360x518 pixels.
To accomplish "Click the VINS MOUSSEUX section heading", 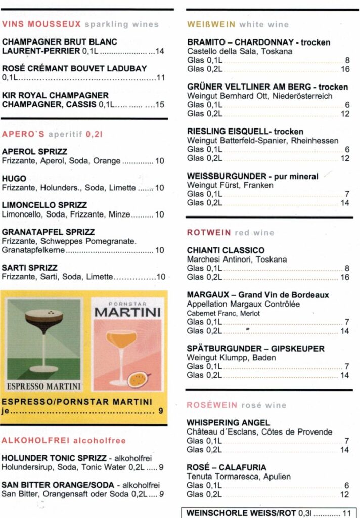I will pos(41,24).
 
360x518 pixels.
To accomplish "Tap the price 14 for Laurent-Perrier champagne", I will pos(160,51).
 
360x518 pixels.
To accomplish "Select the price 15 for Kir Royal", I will pos(160,105).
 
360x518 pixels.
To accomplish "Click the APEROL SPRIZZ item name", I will pos(34,152).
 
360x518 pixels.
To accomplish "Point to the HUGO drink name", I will pos(14,179).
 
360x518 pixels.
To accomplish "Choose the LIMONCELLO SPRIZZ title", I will pos(44,205).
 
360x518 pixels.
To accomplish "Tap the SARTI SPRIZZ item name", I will pos(30,268).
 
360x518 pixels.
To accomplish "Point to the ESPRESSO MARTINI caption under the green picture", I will pos(43,386).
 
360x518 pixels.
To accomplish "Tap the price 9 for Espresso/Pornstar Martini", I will pos(161,411).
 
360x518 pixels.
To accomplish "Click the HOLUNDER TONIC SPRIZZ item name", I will pos(54,458).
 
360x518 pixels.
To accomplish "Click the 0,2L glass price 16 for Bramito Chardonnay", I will pos(345,69).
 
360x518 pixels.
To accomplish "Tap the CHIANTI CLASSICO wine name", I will pos(226,250).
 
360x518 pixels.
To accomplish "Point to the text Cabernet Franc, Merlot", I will pos(217,314).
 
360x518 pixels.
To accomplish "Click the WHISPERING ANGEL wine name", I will pos(228,423).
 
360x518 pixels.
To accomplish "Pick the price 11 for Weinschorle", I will pos(347,513).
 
